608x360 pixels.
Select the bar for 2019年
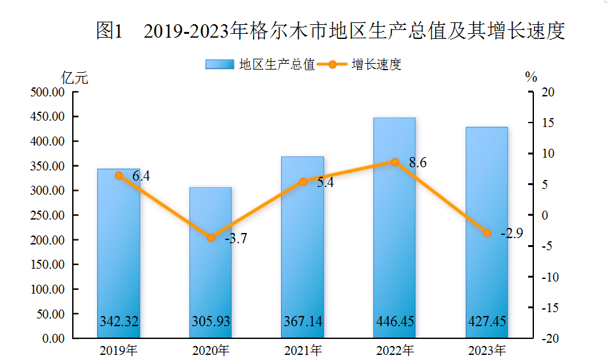[x=118, y=255]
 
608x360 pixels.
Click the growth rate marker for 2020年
[x=211, y=238]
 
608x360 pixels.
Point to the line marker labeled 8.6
[x=395, y=162]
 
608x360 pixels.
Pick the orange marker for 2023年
[x=487, y=233]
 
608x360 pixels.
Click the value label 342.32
[x=119, y=321]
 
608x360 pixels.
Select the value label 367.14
[x=303, y=321]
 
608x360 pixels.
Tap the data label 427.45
[x=487, y=321]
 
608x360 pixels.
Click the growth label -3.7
[x=236, y=239]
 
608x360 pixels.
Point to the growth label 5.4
[x=325, y=183]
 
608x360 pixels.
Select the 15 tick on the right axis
[x=549, y=123]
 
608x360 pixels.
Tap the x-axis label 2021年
[x=303, y=350]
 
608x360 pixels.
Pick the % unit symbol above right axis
[x=531, y=77]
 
